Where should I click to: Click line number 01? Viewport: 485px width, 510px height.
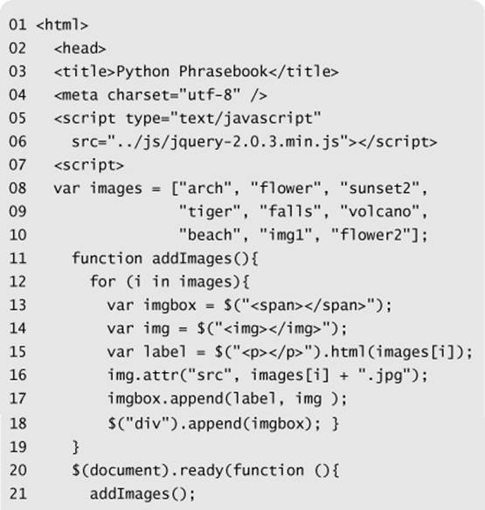17,24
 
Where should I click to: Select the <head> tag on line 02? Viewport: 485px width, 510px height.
80,48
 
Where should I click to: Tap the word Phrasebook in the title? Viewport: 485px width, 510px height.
223,72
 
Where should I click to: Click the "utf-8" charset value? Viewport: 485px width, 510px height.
210,94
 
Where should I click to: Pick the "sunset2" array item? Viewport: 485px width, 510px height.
379,188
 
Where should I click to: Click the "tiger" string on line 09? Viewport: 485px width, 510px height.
210,211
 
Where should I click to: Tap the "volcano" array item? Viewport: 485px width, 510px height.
379,211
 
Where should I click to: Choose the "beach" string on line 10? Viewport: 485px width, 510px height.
210,235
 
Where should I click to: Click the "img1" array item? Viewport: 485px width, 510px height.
286,235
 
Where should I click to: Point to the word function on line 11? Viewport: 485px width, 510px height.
107,258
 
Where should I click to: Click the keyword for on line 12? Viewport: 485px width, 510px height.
103,281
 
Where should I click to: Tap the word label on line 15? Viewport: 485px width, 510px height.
165,352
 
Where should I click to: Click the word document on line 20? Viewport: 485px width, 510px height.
125,471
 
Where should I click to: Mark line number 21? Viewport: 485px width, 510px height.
17,493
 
